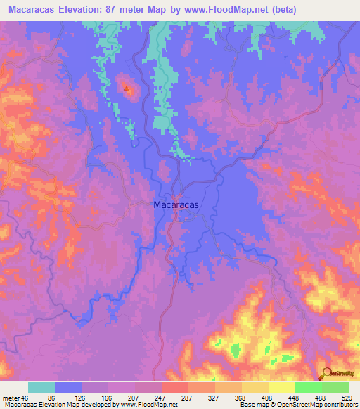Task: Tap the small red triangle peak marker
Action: coord(127,89)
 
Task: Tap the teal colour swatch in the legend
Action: coord(41,387)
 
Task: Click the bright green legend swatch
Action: coord(308,387)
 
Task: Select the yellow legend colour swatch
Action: coord(281,387)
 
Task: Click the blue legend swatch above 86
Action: coord(68,387)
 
